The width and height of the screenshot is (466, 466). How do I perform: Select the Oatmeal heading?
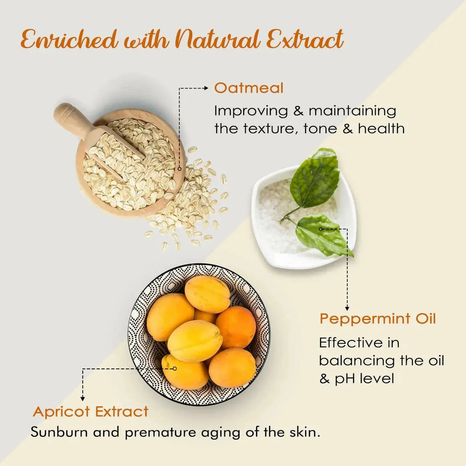249,88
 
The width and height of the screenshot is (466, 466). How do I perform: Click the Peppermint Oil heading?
378,319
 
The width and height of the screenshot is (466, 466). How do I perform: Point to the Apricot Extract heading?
91,412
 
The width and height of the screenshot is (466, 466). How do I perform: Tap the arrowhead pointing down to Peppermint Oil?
347,308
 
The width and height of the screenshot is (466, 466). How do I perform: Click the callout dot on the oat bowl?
179,169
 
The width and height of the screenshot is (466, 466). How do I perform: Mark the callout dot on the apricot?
175,369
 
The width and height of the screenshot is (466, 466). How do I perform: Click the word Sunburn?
59,432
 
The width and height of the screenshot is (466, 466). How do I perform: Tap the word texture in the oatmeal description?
269,129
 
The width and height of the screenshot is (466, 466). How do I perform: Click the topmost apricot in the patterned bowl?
207,294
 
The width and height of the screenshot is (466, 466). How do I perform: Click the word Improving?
251,111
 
